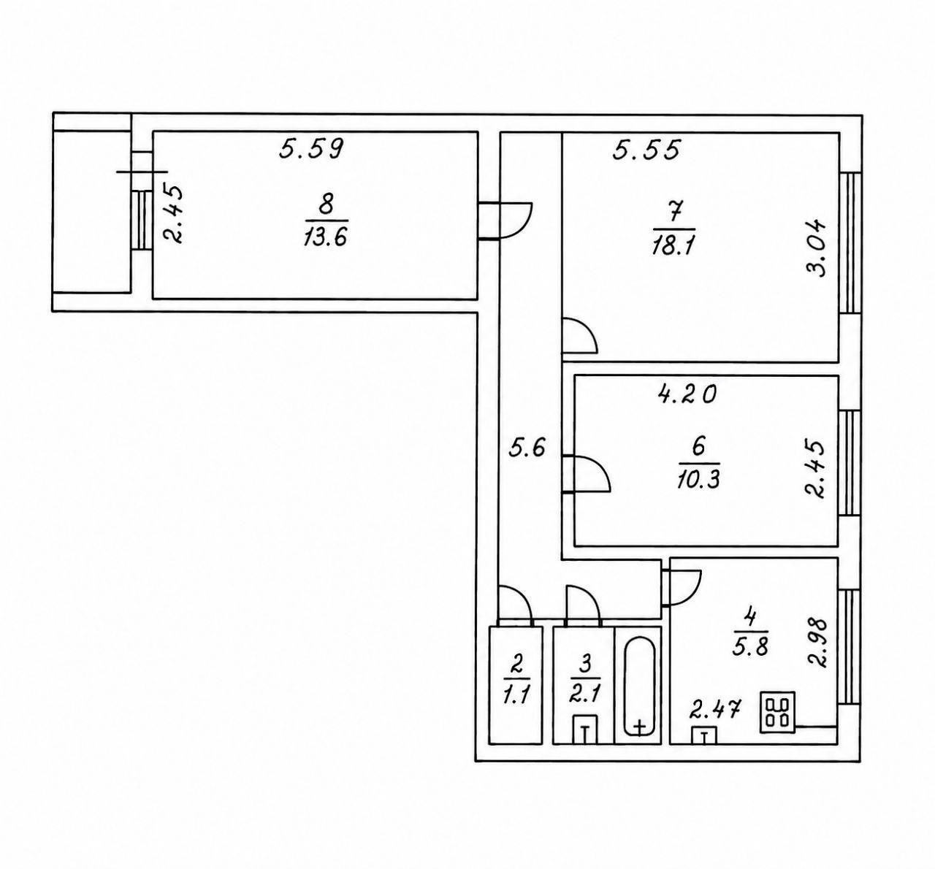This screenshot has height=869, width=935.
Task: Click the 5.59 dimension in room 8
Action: pyautogui.click(x=312, y=149)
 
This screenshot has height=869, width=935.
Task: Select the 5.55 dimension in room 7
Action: pyautogui.click(x=646, y=150)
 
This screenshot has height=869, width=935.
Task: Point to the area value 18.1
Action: pyautogui.click(x=673, y=245)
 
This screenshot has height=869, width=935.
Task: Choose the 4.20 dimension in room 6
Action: pyautogui.click(x=687, y=394)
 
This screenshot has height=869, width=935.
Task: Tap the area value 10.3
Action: pyautogui.click(x=698, y=481)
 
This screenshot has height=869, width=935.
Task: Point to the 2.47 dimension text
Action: pyautogui.click(x=715, y=709)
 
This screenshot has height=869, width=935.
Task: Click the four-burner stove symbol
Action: pyautogui.click(x=778, y=712)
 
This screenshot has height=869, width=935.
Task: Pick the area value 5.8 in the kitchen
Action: pyautogui.click(x=750, y=647)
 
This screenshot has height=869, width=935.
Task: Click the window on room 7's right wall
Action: pyautogui.click(x=850, y=242)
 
